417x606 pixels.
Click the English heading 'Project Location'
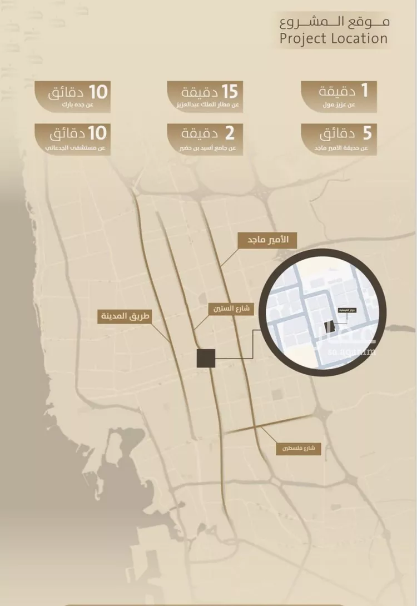click(334, 38)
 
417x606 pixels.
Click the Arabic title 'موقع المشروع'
click(334, 22)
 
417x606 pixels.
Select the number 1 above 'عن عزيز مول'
click(366, 91)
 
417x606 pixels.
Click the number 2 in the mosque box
click(229, 134)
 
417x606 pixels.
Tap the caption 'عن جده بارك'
click(90, 105)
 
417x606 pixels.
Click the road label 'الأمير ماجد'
click(267, 240)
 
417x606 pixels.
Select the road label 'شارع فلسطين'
click(299, 449)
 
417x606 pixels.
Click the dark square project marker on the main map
click(206, 359)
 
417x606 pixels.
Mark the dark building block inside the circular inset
click(329, 327)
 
